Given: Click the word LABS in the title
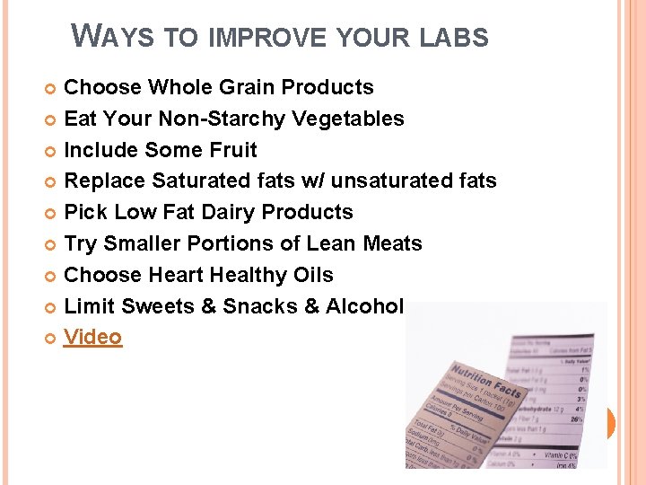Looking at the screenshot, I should [x=456, y=38].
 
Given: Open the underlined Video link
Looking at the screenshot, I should [x=92, y=337].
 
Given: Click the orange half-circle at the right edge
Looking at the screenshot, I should [x=611, y=423].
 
